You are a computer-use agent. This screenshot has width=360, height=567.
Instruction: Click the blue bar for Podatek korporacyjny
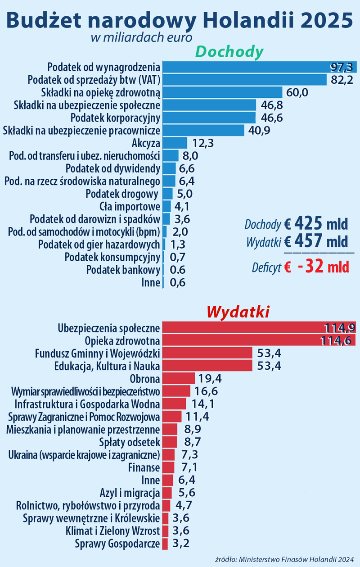(x=209, y=118)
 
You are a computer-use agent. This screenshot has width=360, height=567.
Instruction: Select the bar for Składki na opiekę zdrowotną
(x=222, y=93)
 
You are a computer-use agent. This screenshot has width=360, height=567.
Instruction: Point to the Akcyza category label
(x=146, y=144)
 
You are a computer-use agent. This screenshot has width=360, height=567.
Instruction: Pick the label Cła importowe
(x=130, y=207)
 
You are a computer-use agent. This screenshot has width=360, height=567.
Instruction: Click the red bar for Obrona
(x=179, y=378)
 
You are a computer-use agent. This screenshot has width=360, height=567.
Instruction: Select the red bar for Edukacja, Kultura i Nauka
(x=207, y=365)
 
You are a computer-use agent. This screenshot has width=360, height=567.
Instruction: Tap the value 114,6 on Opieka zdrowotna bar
(x=335, y=340)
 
